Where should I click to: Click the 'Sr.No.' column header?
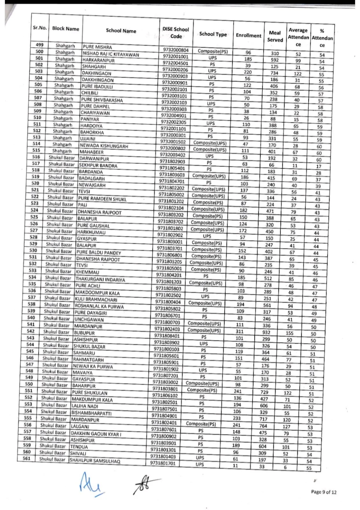[40, 28]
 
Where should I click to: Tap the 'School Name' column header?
[121, 31]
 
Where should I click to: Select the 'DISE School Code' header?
[176, 33]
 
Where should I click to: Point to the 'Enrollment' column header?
[248, 35]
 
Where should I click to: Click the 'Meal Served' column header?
[275, 36]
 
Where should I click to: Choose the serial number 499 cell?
[40, 45]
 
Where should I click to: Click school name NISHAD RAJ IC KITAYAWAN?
[111, 54]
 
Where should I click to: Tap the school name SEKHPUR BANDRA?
[98, 165]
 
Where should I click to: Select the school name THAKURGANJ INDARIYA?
[100, 279]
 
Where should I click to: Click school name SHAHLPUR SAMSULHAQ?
[95, 461]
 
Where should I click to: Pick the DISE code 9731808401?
[167, 336]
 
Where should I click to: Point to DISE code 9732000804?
[176, 50]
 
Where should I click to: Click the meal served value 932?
[267, 332]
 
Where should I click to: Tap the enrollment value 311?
[240, 331]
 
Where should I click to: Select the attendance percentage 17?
[319, 166]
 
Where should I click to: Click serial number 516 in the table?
[36, 157]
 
